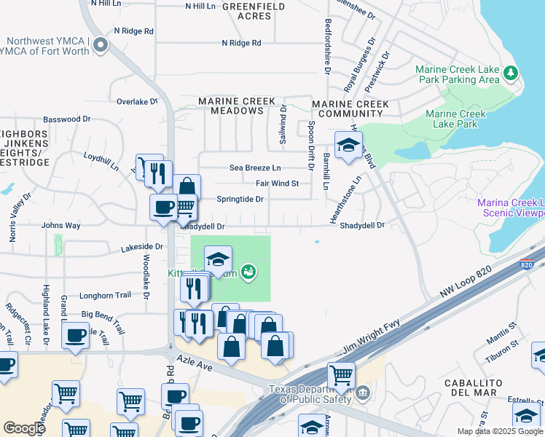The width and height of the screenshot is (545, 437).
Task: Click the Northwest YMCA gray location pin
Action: click(101, 47)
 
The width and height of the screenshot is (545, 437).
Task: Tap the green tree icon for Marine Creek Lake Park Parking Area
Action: click(511, 73)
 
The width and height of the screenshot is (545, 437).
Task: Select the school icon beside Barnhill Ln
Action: click(348, 145)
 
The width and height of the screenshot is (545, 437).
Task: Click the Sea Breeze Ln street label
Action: click(255, 168)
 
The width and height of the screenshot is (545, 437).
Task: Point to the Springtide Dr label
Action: click(240, 199)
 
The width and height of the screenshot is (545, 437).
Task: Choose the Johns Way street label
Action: click(61, 226)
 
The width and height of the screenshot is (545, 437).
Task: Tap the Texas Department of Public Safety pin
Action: click(363, 393)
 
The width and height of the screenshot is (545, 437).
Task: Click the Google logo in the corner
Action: click(24, 428)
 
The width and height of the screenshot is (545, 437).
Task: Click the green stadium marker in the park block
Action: click(248, 272)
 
